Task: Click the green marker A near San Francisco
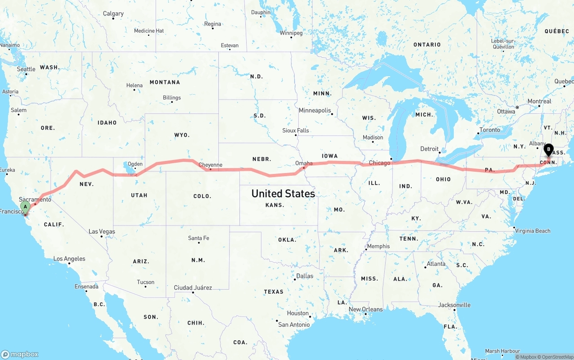pos(26,207)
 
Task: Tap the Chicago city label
pos(379,163)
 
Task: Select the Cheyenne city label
pos(210,165)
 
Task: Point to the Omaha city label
pos(304,163)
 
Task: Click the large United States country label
pos(283,193)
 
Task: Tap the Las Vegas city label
pos(102,231)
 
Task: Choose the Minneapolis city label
pos(315,110)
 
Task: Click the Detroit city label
pos(429,149)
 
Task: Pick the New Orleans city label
pos(366,309)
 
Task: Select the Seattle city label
pos(26,69)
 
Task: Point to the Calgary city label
pos(113,13)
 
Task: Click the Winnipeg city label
pos(291,33)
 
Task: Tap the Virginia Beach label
pos(533,231)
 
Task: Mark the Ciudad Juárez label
pos(193,287)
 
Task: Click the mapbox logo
pos(20,354)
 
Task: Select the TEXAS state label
pos(274,291)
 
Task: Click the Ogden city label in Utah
pos(135,164)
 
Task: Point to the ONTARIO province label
pos(427,44)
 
